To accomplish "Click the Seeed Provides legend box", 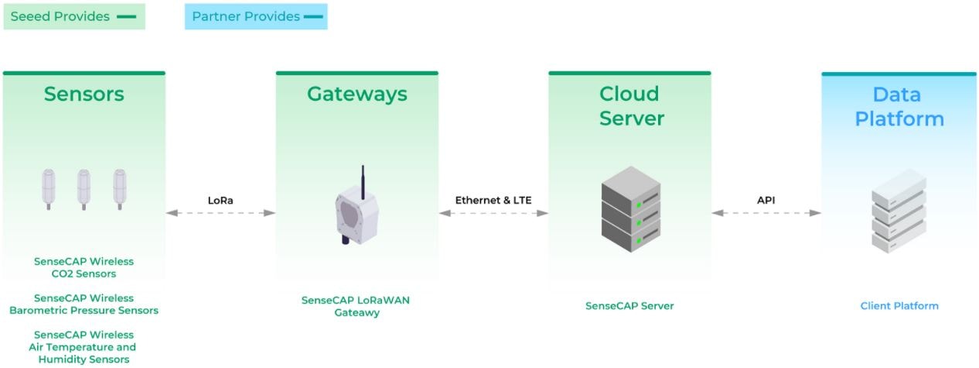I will coord(74,16).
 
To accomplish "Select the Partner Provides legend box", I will coord(256,16).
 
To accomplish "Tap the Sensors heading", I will coord(84,95).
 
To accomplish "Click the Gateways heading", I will coord(356,95).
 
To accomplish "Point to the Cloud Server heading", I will coord(629,106).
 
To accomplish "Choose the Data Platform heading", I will coord(898,107).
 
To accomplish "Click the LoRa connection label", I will coord(220,200).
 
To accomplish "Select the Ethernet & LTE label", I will coord(493,200).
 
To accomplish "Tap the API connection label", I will coord(766,200).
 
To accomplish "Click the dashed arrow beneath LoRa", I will coord(220,212).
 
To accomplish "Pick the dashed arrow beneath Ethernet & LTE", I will coord(493,212).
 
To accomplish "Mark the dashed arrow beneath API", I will coord(766,212).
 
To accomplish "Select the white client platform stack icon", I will coord(898,210).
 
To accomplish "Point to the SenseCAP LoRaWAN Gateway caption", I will coord(356,306).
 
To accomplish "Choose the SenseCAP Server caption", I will coord(629,306).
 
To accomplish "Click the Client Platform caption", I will coord(899,306).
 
